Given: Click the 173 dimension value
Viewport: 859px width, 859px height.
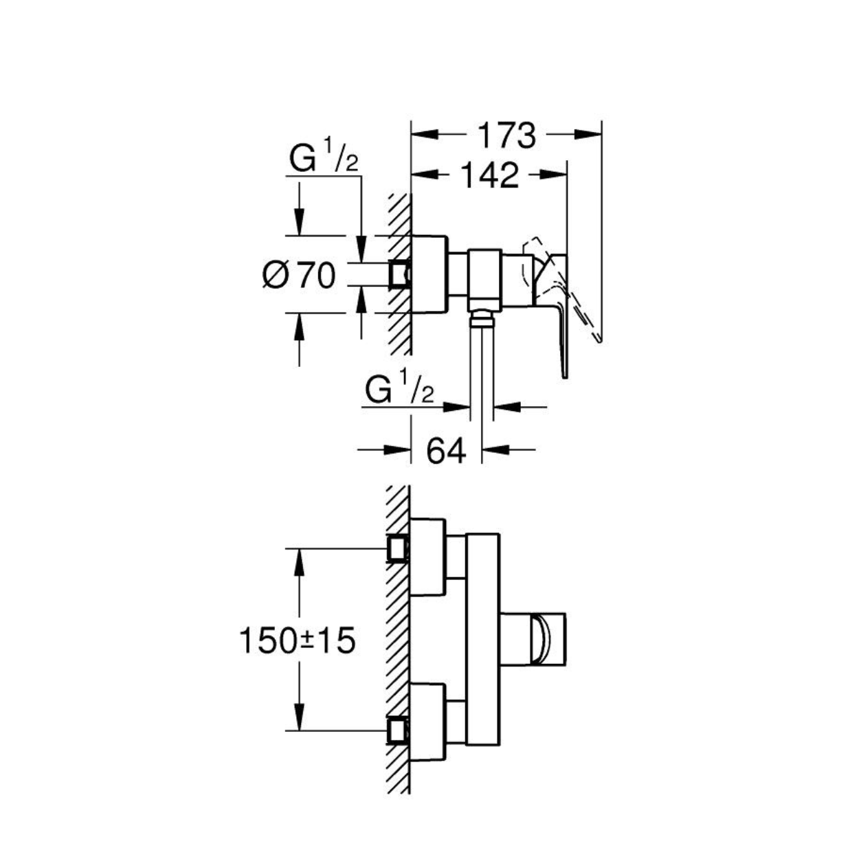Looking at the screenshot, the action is tap(506, 135).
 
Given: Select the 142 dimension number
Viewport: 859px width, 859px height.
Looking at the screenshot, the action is tap(489, 175).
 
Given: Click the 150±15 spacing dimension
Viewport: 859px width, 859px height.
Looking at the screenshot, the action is tap(298, 640).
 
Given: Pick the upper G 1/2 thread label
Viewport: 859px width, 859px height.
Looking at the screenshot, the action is tap(324, 156).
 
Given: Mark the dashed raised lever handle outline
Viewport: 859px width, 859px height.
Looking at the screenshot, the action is tap(563, 290).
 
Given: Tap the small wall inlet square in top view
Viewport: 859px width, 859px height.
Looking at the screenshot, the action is tap(399, 274).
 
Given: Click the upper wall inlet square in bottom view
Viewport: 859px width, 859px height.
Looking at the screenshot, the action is tap(398, 548).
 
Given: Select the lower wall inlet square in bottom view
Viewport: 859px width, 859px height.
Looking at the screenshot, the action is tap(398, 732).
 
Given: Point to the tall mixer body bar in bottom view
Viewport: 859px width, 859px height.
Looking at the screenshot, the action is tap(483, 639).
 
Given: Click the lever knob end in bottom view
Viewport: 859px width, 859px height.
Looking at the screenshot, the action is tap(549, 640).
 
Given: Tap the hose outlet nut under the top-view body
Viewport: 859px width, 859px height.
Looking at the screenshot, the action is tap(482, 317).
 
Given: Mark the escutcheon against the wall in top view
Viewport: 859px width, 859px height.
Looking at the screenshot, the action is tap(428, 274).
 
